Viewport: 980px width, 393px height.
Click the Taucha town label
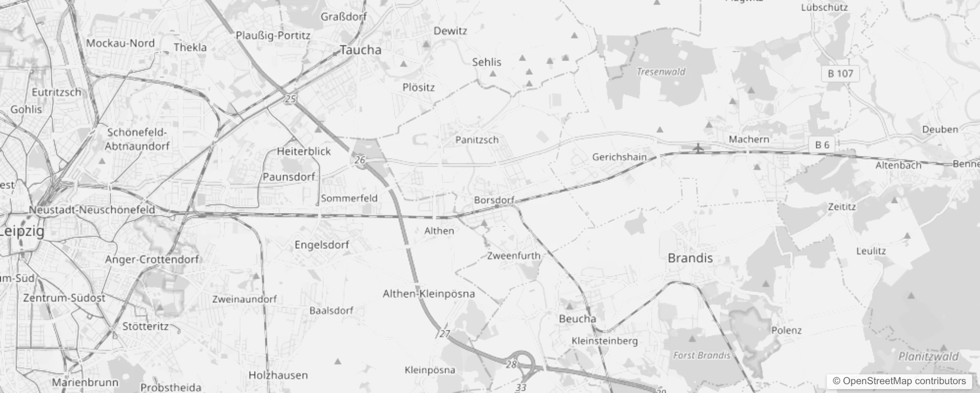(x=360, y=50)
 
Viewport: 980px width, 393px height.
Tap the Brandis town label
(x=690, y=258)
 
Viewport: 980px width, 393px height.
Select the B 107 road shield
(x=840, y=74)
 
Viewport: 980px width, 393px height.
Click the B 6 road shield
(x=822, y=144)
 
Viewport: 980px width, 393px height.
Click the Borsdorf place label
(x=494, y=200)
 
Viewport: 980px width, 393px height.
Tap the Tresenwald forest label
(x=661, y=72)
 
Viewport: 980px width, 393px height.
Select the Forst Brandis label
(x=702, y=355)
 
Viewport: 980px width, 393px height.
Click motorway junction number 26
(x=360, y=160)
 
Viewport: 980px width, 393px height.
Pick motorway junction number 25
(x=291, y=99)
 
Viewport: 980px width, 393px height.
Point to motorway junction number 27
(x=444, y=334)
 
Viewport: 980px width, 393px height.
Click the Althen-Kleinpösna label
(x=429, y=294)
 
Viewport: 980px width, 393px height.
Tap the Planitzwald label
(x=928, y=357)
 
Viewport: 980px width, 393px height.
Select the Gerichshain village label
(x=619, y=157)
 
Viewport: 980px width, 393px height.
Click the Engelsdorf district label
(x=322, y=245)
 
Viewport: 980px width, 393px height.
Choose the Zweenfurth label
(x=514, y=255)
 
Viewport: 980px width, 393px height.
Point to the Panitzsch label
(x=477, y=140)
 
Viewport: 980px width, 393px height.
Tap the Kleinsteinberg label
(x=604, y=340)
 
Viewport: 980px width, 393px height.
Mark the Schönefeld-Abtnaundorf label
(x=137, y=139)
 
